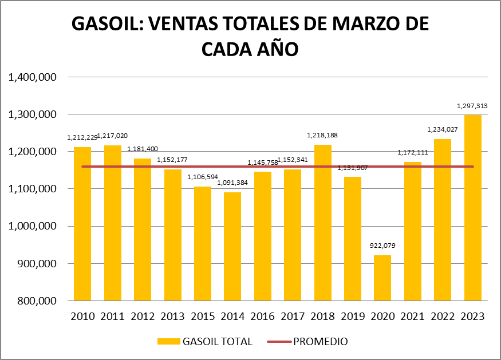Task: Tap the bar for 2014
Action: pyautogui.click(x=232, y=246)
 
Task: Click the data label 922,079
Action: pyautogui.click(x=382, y=246)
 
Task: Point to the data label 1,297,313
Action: pyautogui.click(x=473, y=106)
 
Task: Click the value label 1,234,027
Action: pyautogui.click(x=443, y=130)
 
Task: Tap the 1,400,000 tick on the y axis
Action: pyautogui.click(x=32, y=77)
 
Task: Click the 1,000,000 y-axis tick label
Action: pyautogui.click(x=32, y=227)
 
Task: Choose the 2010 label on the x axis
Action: pyautogui.click(x=82, y=316)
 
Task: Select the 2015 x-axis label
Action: pyautogui.click(x=202, y=316)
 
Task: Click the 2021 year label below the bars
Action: pyautogui.click(x=412, y=316)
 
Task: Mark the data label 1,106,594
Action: pyautogui.click(x=203, y=177)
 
